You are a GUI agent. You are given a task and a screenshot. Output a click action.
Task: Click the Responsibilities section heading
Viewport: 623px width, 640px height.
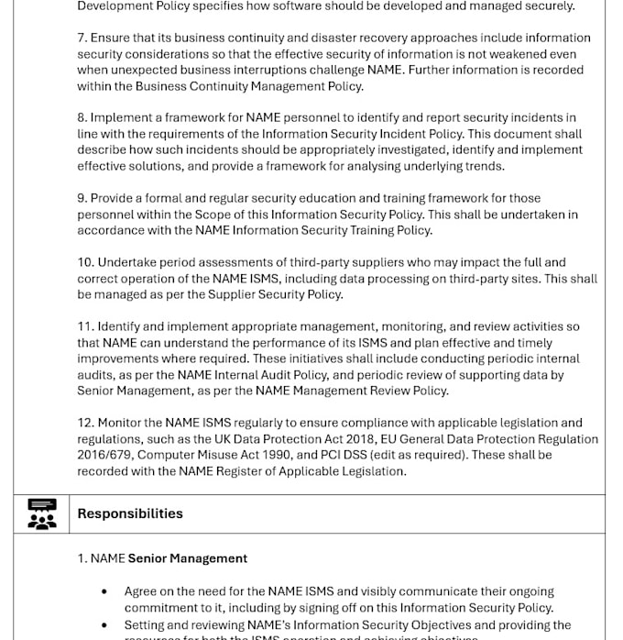[130, 513]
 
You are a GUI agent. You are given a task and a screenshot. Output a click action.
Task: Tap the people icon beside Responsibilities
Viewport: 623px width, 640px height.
[42, 514]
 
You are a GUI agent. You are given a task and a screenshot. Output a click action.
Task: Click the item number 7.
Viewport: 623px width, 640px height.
[82, 39]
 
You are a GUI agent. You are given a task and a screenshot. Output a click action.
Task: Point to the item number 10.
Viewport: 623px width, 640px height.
[85, 262]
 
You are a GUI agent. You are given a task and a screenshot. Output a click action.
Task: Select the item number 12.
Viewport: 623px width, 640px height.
[85, 423]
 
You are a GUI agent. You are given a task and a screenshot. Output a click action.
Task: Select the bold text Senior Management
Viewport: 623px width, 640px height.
[188, 558]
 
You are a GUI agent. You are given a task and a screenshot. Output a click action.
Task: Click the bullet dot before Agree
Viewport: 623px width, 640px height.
[104, 592]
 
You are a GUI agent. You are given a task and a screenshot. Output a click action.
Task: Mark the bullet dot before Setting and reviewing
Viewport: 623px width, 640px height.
[104, 625]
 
